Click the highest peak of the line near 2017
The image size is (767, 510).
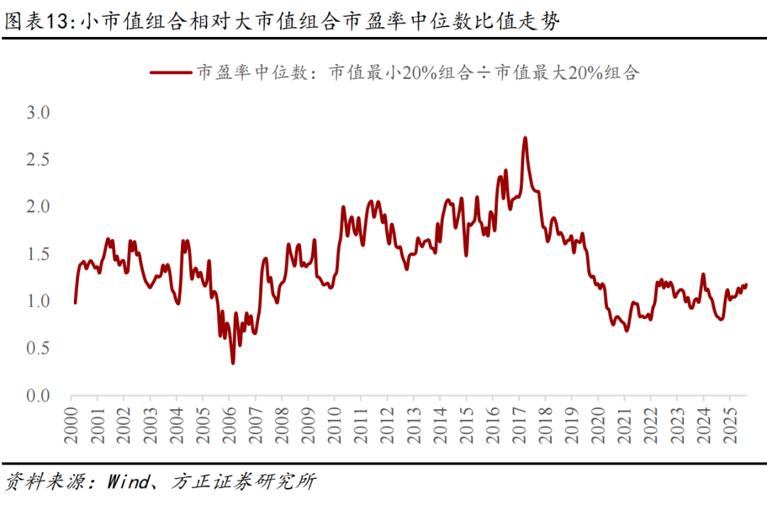coord(525,138)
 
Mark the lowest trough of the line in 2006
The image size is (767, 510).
coord(233,364)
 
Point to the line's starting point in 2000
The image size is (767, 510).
coord(75,303)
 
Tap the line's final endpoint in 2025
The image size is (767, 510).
coord(746,285)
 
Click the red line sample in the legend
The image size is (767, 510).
coord(170,72)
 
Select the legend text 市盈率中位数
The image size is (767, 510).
coord(254,72)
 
